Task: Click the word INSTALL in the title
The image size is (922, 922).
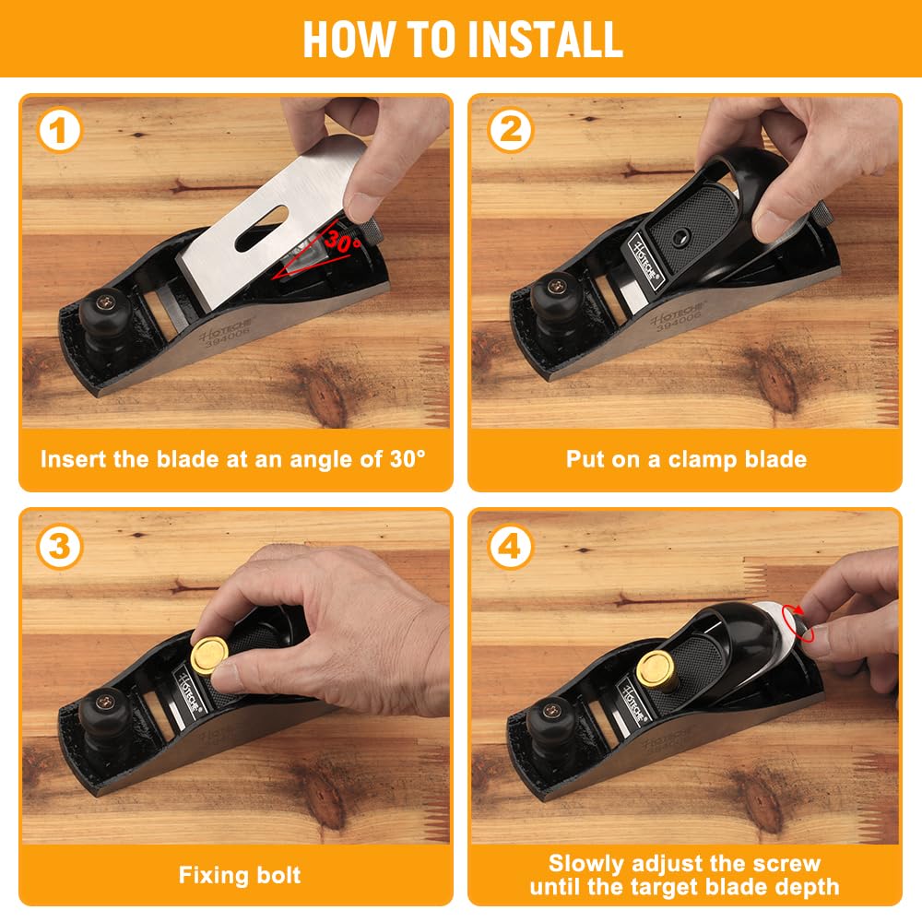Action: [x=545, y=40]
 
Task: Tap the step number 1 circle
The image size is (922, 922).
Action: [x=59, y=130]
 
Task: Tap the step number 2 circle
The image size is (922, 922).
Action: [x=510, y=130]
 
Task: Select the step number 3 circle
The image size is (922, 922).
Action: [x=59, y=546]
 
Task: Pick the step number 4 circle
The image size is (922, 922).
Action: [x=510, y=546]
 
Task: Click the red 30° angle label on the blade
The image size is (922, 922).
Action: [x=343, y=240]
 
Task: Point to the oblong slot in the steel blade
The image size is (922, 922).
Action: [x=262, y=228]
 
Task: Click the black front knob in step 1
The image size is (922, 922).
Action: [x=105, y=312]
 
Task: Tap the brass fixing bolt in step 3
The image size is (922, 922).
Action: [x=209, y=655]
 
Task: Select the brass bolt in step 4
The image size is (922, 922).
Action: [x=656, y=668]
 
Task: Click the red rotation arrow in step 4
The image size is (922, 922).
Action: [x=798, y=622]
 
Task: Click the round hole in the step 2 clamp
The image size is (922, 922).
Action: [x=681, y=236]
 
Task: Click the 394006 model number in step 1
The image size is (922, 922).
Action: [x=228, y=337]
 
